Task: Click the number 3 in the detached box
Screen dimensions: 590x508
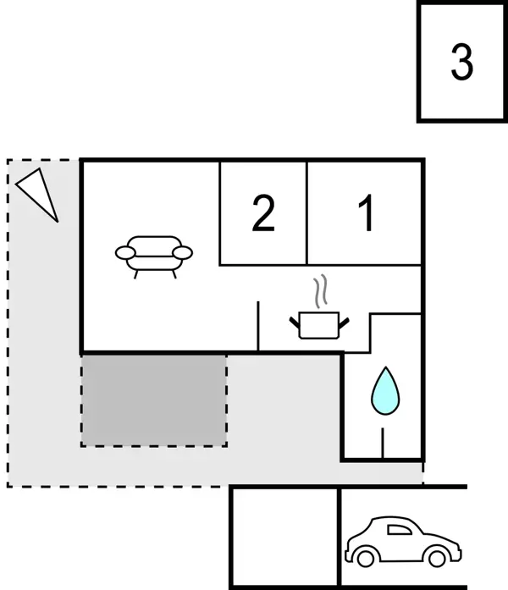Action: coord(461,63)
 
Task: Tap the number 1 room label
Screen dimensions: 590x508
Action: coord(367,213)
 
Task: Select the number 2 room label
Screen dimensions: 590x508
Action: coord(263,213)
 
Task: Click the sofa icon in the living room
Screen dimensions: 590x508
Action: coord(153,253)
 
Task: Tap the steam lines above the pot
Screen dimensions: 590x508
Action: coord(319,292)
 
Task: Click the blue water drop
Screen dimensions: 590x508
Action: coord(384,390)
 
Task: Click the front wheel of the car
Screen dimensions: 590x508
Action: coord(436,558)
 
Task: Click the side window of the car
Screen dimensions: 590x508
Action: coord(396,530)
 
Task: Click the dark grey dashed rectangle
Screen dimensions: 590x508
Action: coord(154,400)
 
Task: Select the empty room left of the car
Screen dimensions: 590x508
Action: coord(284,538)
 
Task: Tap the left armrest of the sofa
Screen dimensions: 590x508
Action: coord(124,252)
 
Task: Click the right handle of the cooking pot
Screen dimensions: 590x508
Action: coord(343,319)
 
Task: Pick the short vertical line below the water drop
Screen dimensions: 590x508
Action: coord(384,442)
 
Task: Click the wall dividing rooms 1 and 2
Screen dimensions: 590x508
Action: coord(306,212)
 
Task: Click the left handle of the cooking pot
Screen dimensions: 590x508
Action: coord(295,319)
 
